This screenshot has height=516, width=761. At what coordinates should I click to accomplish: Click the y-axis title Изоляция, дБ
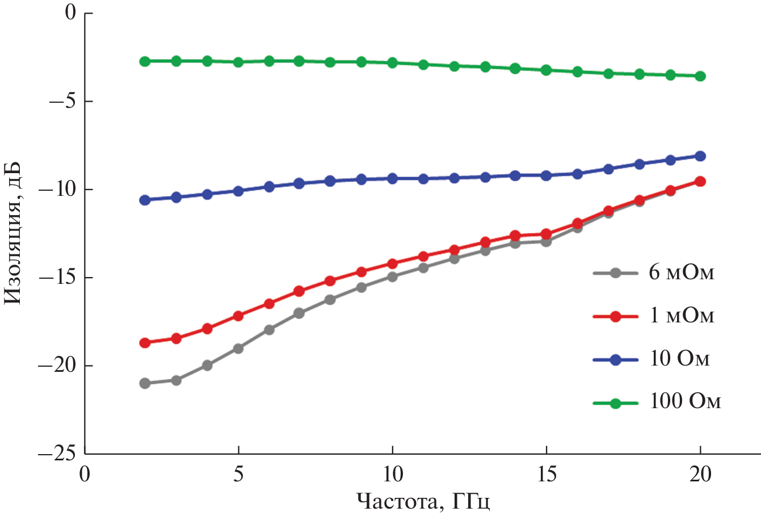12,233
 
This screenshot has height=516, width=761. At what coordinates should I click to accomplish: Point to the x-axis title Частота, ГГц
423,501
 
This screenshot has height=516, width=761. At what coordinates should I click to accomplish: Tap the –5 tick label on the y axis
62,101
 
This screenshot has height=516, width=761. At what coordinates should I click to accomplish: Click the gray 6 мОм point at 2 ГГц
145,383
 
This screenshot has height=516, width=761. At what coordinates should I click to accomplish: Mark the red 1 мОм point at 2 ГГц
145,343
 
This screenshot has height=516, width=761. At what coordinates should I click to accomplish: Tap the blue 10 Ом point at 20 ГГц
700,156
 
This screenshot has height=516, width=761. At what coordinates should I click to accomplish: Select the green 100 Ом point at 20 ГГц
700,76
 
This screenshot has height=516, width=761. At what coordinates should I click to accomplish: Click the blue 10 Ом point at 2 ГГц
145,200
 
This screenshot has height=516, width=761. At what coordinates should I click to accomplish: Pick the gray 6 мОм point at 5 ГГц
238,349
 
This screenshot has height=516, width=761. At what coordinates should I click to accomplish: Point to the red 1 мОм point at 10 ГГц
392,263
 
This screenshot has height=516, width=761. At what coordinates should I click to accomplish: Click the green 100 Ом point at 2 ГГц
145,61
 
